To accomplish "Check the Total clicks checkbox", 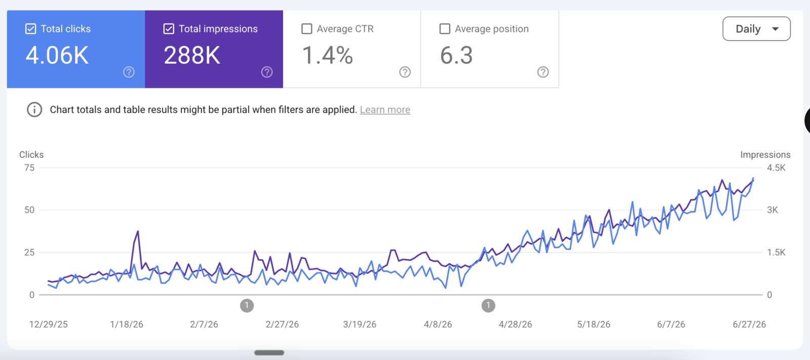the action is [x=31, y=29].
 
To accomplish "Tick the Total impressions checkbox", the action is [x=169, y=29].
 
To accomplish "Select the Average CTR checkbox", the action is [x=307, y=29].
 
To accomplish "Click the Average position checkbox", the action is [x=445, y=29].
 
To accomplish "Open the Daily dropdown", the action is [x=756, y=29].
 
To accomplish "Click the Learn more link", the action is [x=385, y=110].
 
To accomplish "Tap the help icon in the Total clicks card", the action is [x=129, y=72].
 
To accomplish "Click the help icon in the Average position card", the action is [x=543, y=72].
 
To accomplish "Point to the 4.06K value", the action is [x=57, y=55].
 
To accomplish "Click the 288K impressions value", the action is [x=192, y=55].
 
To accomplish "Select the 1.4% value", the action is [x=327, y=55].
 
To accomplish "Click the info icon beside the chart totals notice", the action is [x=34, y=110].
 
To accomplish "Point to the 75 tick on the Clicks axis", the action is [x=29, y=168].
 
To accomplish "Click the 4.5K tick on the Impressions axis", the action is [x=777, y=168].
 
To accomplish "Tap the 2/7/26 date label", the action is [x=204, y=325].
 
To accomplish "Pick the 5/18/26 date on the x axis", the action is [x=594, y=325].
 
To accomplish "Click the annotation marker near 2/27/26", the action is [x=247, y=305].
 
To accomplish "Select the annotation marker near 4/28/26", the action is [x=488, y=305].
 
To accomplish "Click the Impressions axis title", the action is [x=765, y=155].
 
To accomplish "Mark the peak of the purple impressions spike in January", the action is [x=138, y=231].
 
